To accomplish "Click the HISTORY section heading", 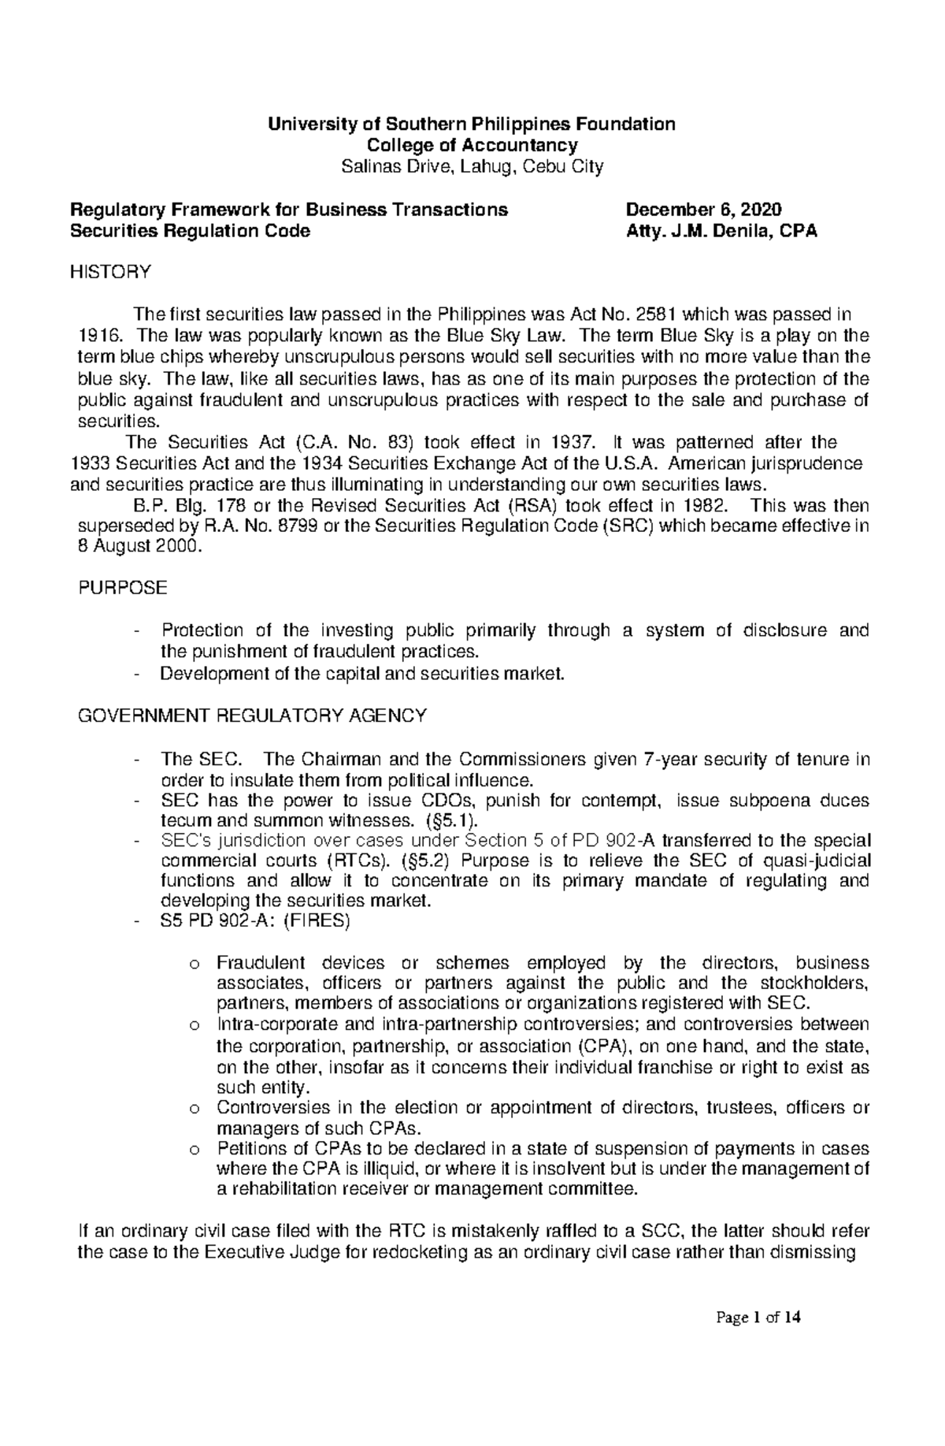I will [109, 273].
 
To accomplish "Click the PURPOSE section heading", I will [123, 588].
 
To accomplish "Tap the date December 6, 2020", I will [703, 210].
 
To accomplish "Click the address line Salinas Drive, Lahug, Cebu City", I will [471, 166].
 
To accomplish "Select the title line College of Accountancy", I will [471, 145].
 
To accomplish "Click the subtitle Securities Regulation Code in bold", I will [190, 231].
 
